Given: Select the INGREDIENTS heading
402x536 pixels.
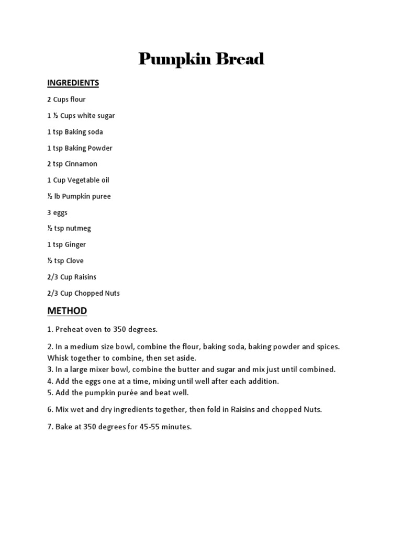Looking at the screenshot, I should pos(73,83).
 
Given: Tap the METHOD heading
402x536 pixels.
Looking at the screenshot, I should pos(67,311).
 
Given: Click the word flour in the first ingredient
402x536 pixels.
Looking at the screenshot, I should pos(77,99).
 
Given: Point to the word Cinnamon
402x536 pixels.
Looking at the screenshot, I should pos(81,164).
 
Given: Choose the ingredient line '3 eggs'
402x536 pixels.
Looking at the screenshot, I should pos(57,213).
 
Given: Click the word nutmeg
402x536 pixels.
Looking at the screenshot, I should pos(77,228).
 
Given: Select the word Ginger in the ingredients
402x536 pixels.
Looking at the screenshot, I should pos(75,244).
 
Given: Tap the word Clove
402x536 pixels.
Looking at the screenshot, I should pos(74,261).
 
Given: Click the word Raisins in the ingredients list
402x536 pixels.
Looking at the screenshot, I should pos(85,277).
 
